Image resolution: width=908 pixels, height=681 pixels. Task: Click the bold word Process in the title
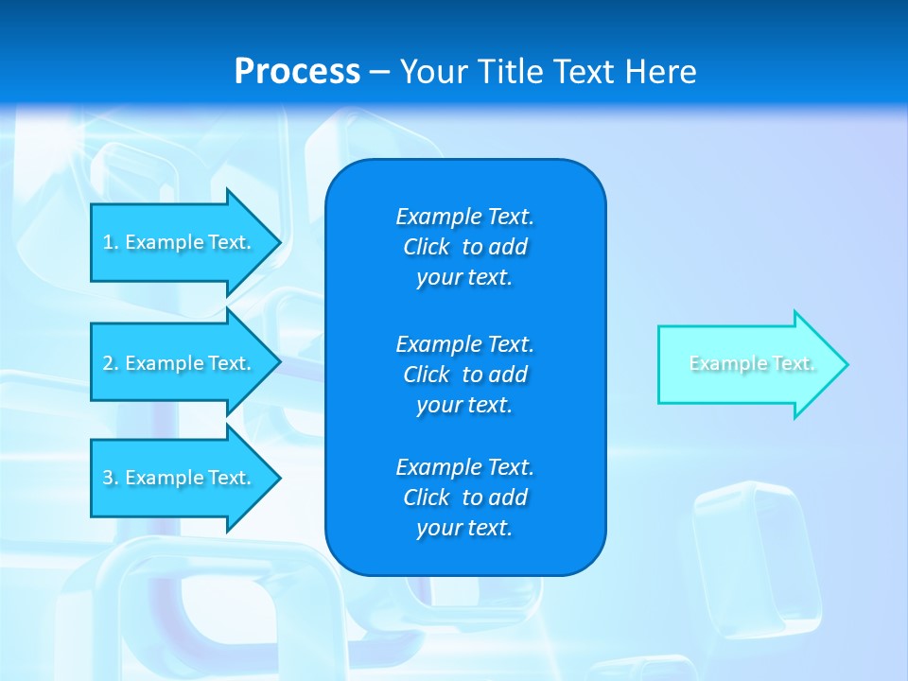click(x=297, y=71)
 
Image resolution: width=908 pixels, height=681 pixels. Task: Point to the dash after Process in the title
click(x=379, y=72)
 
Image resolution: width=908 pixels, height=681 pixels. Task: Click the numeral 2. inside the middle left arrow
click(x=111, y=363)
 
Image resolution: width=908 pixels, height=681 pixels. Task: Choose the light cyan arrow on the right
click(x=747, y=364)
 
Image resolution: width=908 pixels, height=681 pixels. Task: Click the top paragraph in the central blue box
click(x=464, y=247)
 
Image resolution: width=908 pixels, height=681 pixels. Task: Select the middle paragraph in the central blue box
click(x=464, y=374)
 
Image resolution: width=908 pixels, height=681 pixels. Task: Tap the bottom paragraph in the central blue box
click(x=464, y=498)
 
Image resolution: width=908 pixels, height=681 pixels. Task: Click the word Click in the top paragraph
click(x=426, y=247)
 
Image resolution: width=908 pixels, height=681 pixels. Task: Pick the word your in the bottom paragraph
click(x=437, y=529)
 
